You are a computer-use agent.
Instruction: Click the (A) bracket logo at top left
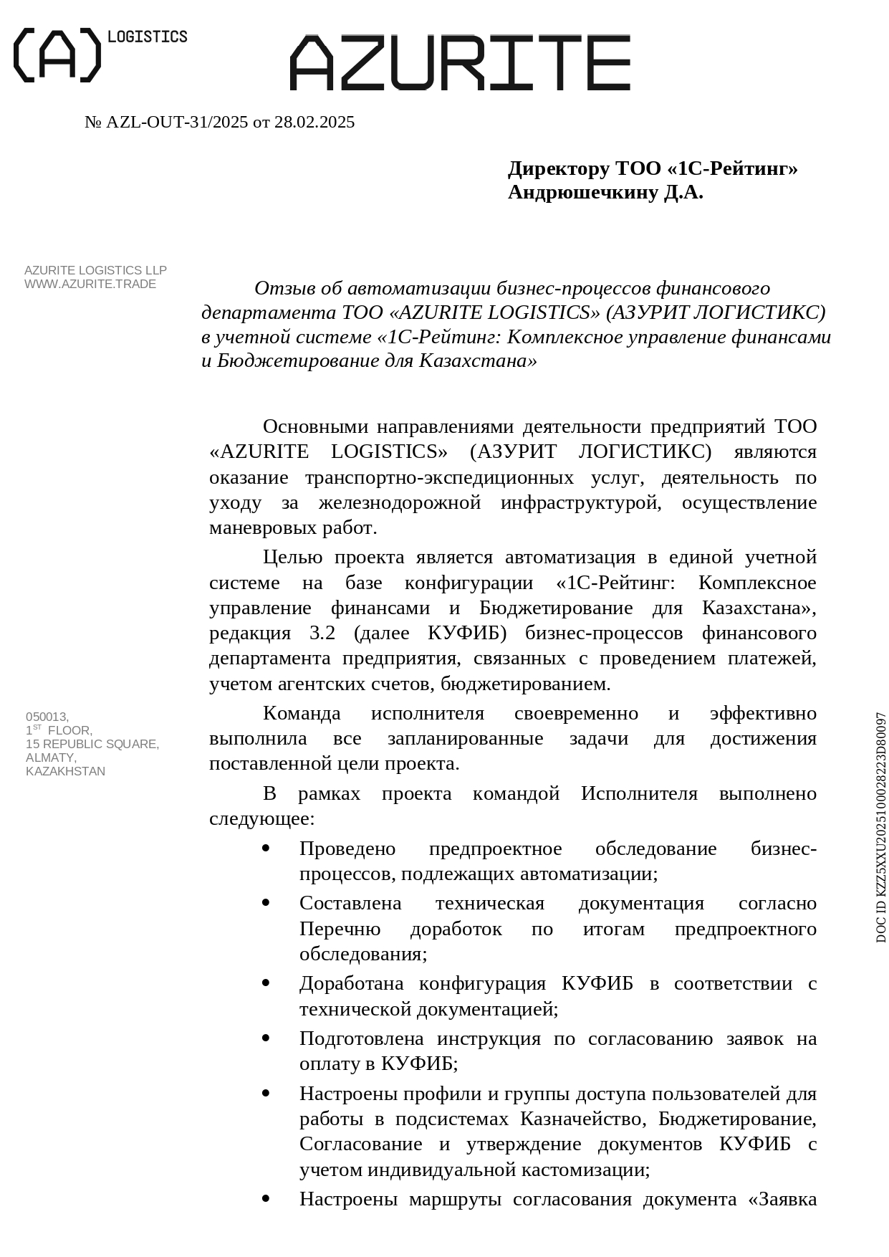(x=57, y=55)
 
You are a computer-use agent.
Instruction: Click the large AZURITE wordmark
(x=460, y=62)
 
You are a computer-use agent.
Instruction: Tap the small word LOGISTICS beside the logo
(x=147, y=37)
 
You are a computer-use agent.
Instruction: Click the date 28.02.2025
(x=314, y=123)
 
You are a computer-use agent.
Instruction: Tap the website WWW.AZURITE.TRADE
(x=90, y=284)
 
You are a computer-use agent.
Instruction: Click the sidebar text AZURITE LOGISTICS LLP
(x=95, y=270)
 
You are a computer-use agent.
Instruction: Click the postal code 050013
(x=47, y=717)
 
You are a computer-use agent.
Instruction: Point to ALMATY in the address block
(x=50, y=757)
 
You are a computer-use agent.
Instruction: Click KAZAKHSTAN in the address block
(x=65, y=771)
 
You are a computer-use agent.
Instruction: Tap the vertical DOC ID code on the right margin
(x=880, y=827)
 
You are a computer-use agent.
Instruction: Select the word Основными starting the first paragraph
(x=315, y=426)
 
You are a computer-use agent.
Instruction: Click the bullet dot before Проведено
(x=266, y=849)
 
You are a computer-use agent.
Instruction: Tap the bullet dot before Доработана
(x=266, y=983)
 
